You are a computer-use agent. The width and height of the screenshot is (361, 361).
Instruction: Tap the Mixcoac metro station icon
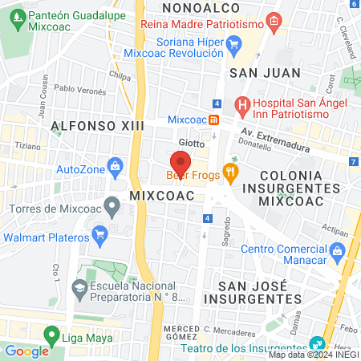pyautogui.click(x=214, y=120)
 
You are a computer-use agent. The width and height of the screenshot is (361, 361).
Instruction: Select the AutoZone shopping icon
pyautogui.click(x=116, y=168)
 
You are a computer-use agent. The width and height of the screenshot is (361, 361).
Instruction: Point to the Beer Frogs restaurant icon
pyautogui.click(x=231, y=171)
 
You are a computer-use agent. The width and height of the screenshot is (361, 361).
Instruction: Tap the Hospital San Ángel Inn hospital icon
pyautogui.click(x=241, y=104)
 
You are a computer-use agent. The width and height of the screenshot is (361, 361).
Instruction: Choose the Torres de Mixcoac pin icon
pyautogui.click(x=112, y=209)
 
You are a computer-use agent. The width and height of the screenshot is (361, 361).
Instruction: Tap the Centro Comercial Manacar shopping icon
pyautogui.click(x=338, y=253)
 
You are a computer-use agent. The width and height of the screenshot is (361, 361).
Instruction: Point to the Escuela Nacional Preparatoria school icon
pyautogui.click(x=79, y=287)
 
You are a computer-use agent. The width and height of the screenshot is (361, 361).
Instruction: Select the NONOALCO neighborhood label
pyautogui.click(x=191, y=7)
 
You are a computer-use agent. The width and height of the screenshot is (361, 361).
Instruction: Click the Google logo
pyautogui.click(x=26, y=351)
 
